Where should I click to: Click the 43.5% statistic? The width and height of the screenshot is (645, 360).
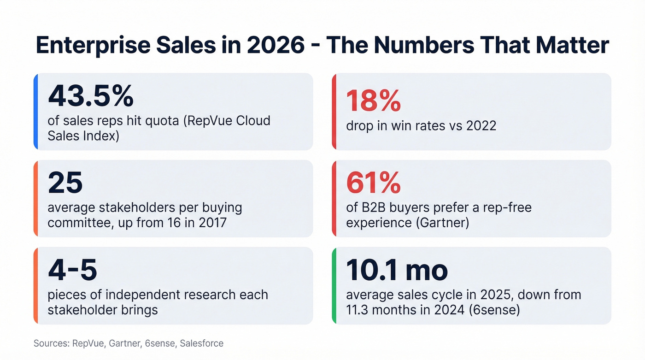click(x=91, y=96)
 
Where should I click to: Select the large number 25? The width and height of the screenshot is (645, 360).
click(x=65, y=183)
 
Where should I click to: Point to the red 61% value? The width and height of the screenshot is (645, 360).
click(x=373, y=183)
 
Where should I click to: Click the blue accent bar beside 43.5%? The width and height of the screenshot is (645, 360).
click(x=35, y=112)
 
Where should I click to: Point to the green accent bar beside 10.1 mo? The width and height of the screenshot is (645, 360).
click(x=334, y=286)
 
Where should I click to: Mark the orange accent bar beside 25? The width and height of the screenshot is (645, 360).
click(x=35, y=199)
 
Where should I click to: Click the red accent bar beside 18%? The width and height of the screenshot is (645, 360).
click(x=334, y=112)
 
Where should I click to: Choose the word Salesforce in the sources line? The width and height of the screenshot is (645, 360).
click(x=202, y=343)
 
